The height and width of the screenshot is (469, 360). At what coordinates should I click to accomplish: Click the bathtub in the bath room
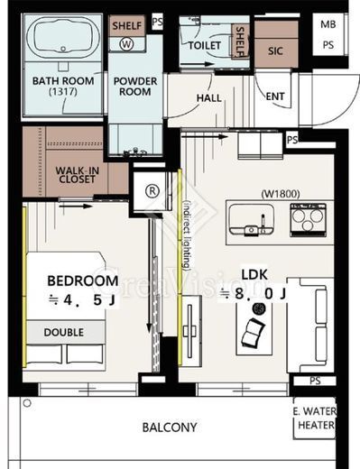click(x=63, y=38)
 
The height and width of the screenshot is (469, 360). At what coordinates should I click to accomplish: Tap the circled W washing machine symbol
click(x=126, y=44)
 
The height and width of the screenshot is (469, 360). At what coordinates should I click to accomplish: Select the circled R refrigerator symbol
click(x=152, y=190)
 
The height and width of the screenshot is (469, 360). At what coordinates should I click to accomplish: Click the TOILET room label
click(x=205, y=45)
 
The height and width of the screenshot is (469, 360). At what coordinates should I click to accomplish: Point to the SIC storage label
click(x=275, y=51)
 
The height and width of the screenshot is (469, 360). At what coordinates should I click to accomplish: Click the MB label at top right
click(x=328, y=24)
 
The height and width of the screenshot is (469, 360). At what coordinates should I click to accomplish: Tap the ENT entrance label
click(x=275, y=97)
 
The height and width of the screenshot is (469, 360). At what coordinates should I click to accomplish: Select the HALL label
click(x=209, y=98)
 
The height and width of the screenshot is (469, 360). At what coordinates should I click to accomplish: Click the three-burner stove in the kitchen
click(x=308, y=219)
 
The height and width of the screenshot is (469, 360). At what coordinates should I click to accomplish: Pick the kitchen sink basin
click(x=252, y=219)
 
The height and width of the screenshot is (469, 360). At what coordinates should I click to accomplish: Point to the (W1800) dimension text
click(x=281, y=194)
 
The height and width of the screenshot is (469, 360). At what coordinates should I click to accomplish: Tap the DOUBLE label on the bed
click(x=64, y=332)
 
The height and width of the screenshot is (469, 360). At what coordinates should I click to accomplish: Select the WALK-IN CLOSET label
click(x=78, y=175)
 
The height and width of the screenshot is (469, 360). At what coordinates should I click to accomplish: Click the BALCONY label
click(x=170, y=428)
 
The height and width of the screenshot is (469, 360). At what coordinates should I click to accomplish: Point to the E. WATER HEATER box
click(x=315, y=418)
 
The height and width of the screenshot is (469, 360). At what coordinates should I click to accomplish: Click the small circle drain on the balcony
click(x=27, y=403)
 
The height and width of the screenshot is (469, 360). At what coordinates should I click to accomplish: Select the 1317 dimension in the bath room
click(x=63, y=91)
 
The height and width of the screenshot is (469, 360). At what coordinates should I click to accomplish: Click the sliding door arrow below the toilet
click(x=197, y=64)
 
